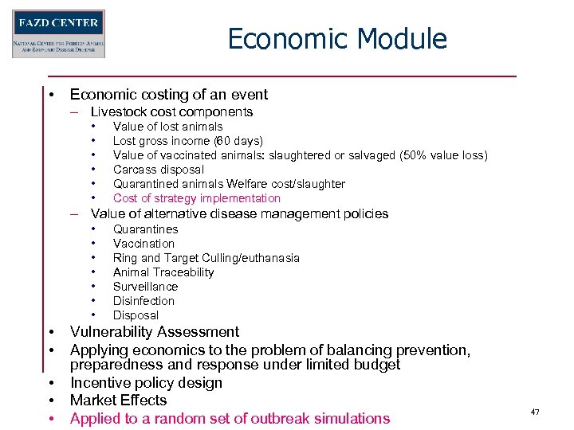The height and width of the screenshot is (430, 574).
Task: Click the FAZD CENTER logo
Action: tap(58, 33)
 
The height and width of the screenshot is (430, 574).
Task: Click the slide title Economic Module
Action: tap(336, 38)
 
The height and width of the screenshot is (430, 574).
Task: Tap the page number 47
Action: tap(535, 412)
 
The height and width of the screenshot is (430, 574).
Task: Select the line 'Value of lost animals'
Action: tap(167, 127)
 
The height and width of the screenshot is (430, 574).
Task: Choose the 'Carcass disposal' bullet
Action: tap(158, 170)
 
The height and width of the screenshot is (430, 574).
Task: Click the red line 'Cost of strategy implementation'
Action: tap(196, 198)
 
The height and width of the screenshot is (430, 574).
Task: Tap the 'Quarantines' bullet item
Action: tap(145, 229)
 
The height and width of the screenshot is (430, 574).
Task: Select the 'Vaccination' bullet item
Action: tap(143, 244)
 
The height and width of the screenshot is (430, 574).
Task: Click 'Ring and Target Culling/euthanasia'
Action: tap(206, 258)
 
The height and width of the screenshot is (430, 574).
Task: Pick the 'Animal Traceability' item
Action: tap(163, 272)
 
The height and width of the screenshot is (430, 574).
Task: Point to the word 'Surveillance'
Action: tap(145, 287)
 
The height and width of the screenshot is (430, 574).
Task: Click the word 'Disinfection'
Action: tap(143, 301)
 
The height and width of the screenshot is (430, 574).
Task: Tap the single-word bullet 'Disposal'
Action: tap(136, 315)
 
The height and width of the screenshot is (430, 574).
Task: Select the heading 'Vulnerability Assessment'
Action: tap(154, 332)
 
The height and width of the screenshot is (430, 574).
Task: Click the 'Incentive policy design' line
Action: tap(146, 383)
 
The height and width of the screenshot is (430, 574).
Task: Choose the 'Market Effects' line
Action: tap(118, 401)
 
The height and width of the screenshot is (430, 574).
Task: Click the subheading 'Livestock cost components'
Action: tap(171, 112)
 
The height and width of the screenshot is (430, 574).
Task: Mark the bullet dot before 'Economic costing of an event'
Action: tap(50, 95)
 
